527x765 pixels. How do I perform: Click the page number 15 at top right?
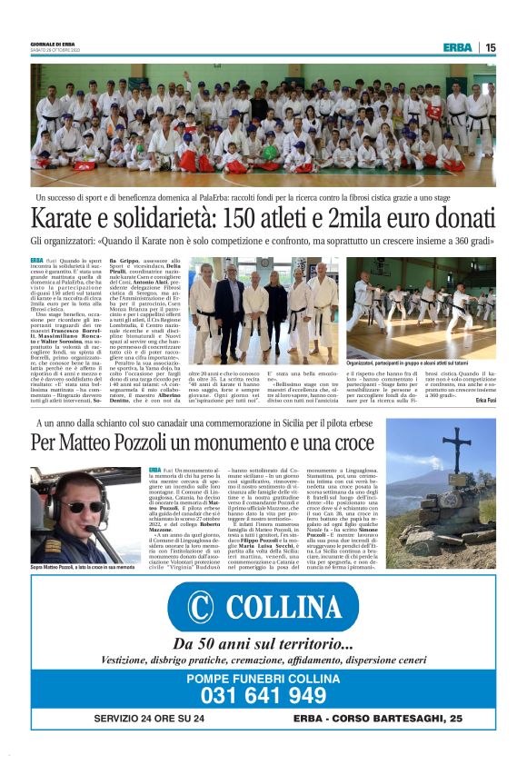pyautogui.click(x=490, y=47)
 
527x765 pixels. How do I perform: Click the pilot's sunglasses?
pyautogui.click(x=79, y=506)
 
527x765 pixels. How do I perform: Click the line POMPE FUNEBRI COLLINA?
pyautogui.click(x=263, y=677)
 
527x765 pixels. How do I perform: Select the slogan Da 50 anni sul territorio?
pyautogui.click(x=263, y=644)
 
